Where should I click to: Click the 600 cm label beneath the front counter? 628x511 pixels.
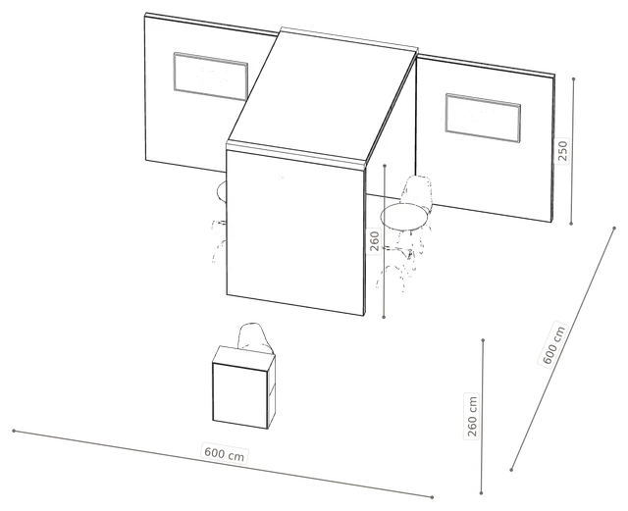pyautogui.click(x=225, y=454)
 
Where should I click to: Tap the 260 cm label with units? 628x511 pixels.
pyautogui.click(x=472, y=417)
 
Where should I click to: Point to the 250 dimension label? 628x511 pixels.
pyautogui.click(x=563, y=150)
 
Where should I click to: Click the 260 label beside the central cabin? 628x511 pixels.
pyautogui.click(x=375, y=240)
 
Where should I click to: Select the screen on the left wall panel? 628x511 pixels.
pyautogui.click(x=211, y=77)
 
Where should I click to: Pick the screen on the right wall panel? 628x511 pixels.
pyautogui.click(x=483, y=118)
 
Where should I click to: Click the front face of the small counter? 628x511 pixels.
pyautogui.click(x=240, y=395)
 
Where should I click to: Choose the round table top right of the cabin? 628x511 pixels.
pyautogui.click(x=404, y=216)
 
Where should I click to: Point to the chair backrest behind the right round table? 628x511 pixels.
pyautogui.click(x=417, y=190)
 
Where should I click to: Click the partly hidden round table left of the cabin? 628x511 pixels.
pyautogui.click(x=222, y=191)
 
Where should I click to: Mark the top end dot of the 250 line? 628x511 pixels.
pyautogui.click(x=573, y=78)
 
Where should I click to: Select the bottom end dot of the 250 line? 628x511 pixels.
pyautogui.click(x=571, y=224)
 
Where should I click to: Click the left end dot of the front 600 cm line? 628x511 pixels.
pyautogui.click(x=14, y=431)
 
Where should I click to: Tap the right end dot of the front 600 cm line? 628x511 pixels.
pyautogui.click(x=432, y=497)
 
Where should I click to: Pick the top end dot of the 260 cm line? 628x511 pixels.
pyautogui.click(x=483, y=340)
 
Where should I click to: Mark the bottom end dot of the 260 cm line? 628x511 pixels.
pyautogui.click(x=482, y=493)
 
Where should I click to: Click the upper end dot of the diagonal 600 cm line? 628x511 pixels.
pyautogui.click(x=614, y=228)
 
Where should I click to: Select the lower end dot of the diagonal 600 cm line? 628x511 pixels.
pyautogui.click(x=511, y=470)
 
